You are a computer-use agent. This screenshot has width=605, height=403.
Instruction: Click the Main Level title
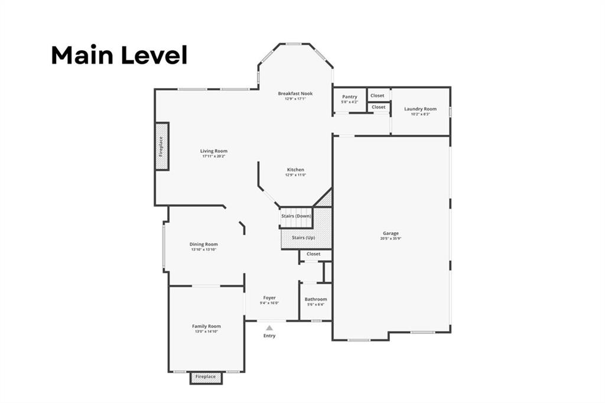pyautogui.click(x=119, y=55)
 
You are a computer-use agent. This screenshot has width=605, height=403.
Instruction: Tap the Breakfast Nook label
pyautogui.click(x=295, y=93)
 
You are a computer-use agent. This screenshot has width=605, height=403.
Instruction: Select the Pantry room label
pyautogui.click(x=350, y=97)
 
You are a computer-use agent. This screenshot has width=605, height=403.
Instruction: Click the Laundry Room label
pyautogui.click(x=421, y=109)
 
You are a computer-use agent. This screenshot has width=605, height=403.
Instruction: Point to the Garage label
pyautogui.click(x=391, y=233)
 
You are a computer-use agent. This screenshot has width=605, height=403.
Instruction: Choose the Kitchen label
pyautogui.click(x=295, y=170)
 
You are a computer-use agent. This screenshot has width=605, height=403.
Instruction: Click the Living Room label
pyautogui.click(x=214, y=151)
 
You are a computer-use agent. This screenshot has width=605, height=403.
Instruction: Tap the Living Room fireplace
pyautogui.click(x=162, y=146)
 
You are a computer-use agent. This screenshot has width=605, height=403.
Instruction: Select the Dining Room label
pyautogui.click(x=204, y=244)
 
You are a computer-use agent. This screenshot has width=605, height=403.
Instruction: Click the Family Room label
pyautogui.click(x=206, y=326)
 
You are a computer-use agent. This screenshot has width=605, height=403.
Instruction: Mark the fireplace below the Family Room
pyautogui.click(x=206, y=377)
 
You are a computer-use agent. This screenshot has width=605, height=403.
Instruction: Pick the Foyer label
pyautogui.click(x=269, y=298)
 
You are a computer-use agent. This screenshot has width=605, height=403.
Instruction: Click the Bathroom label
pyautogui.click(x=315, y=300)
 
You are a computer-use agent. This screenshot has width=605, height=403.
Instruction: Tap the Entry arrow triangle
pyautogui.click(x=269, y=327)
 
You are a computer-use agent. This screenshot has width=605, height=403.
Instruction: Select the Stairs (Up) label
pyautogui.click(x=303, y=238)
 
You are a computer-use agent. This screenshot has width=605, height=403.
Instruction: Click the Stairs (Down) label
pyautogui.click(x=296, y=216)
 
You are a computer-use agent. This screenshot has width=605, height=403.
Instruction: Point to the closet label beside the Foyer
pyautogui.click(x=314, y=254)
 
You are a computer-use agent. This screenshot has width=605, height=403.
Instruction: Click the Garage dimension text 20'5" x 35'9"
pyautogui.click(x=391, y=239)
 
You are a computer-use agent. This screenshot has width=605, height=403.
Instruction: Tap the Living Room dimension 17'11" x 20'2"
pyautogui.click(x=214, y=157)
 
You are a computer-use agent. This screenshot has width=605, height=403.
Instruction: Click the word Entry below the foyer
pyautogui.click(x=269, y=336)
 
